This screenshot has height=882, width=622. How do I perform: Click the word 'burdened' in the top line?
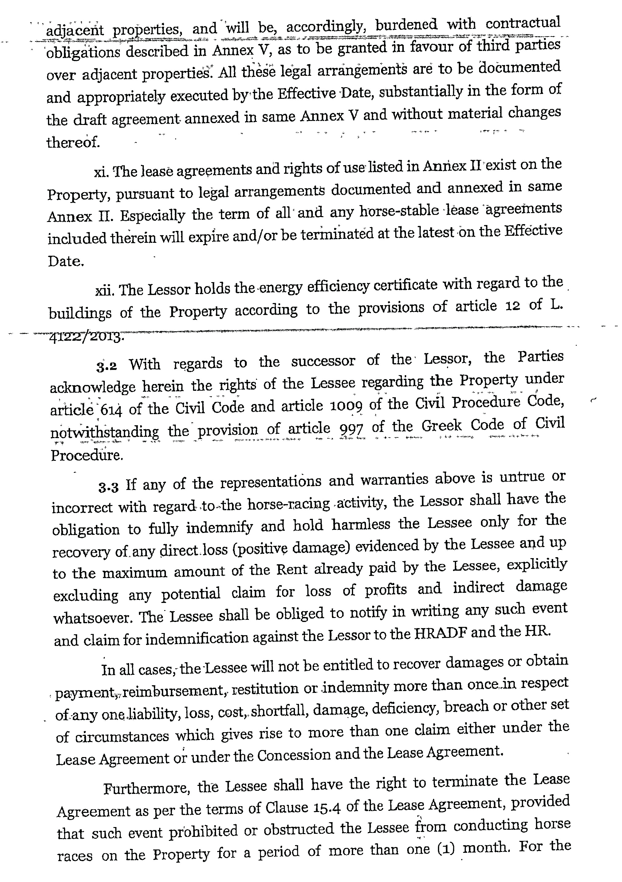(x=406, y=25)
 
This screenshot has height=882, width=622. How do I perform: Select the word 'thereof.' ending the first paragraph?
(x=73, y=142)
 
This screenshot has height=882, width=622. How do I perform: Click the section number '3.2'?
(x=107, y=366)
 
